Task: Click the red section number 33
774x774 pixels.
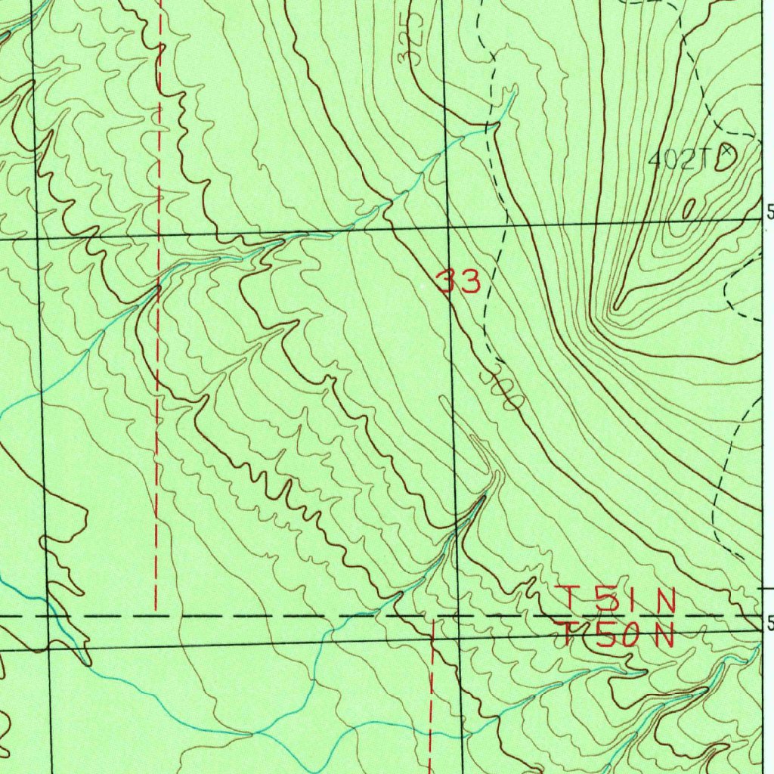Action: click(x=458, y=282)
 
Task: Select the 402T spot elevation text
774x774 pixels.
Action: click(x=681, y=159)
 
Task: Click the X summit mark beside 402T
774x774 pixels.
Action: click(x=726, y=152)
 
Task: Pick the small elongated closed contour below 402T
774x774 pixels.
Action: click(x=689, y=208)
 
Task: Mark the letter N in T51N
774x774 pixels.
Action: click(x=664, y=601)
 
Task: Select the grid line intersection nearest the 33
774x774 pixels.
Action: click(x=449, y=227)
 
